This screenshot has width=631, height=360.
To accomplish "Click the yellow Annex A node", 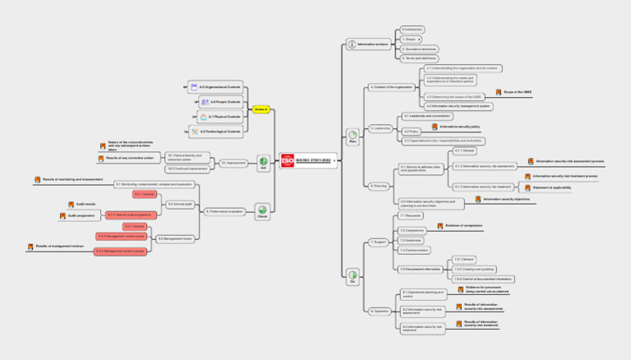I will [260, 108].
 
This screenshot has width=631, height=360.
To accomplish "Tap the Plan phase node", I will [352, 133].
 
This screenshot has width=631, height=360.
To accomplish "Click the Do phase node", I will [352, 275].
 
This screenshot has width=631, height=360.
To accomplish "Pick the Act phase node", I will [264, 162].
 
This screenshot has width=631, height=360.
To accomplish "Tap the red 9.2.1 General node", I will [145, 194].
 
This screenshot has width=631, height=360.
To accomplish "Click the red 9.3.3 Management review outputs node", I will [120, 251].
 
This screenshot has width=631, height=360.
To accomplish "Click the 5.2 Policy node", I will [412, 131].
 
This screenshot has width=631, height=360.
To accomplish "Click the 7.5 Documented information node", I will [419, 269].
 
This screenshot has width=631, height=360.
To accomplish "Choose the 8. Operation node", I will [379, 311].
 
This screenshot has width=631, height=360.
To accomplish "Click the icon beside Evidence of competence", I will [440, 224].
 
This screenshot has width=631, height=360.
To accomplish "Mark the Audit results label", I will [86, 203].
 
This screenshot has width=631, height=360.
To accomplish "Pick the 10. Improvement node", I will [233, 163].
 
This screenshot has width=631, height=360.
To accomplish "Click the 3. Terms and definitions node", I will [419, 58].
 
